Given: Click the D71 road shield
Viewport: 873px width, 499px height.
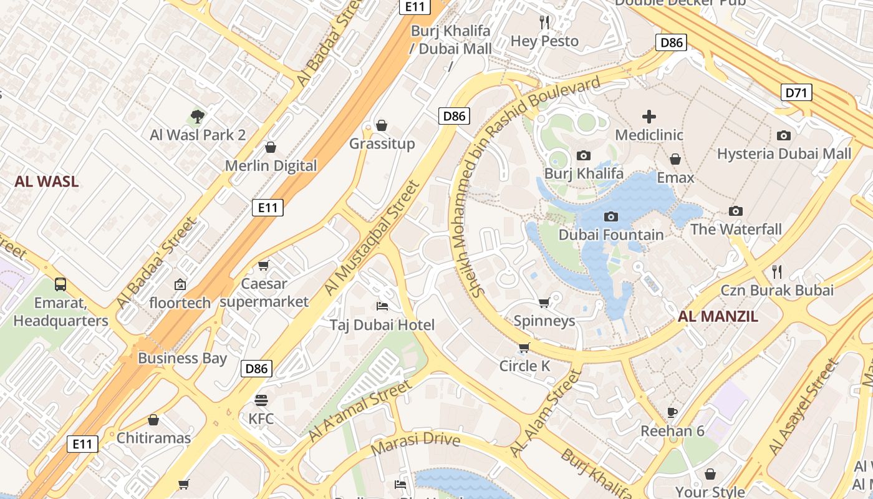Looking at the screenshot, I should tap(796, 93).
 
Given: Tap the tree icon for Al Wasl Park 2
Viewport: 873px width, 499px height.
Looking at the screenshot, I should tap(198, 116).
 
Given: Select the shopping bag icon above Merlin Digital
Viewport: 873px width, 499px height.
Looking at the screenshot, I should tap(271, 147).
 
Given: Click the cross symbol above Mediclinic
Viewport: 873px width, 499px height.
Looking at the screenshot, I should tap(649, 116).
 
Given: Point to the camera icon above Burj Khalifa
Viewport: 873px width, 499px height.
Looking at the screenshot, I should tap(584, 155).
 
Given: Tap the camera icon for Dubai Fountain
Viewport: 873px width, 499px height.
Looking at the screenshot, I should tap(611, 216).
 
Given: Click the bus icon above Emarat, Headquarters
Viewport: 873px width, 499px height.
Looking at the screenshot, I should tap(60, 284).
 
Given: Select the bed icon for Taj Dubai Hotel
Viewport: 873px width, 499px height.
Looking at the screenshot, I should tap(382, 306).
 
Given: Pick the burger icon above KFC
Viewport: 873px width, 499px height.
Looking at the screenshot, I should tap(261, 400).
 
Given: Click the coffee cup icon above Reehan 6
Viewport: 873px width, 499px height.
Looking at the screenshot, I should tap(672, 412).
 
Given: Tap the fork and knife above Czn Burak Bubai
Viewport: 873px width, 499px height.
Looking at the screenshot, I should tap(777, 271).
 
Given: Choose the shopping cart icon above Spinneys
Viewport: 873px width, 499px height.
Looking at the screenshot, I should tap(544, 303).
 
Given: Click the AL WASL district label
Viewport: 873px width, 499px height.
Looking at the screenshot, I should tap(47, 182).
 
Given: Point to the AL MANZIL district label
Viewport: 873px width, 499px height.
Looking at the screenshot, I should tap(718, 316).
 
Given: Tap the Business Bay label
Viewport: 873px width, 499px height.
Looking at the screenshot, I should tap(182, 358).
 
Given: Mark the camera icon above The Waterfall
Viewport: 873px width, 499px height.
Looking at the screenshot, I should tap(736, 211).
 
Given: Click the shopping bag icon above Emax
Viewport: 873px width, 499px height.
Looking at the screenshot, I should tap(675, 159).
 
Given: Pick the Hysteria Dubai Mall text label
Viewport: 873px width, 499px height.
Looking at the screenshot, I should tap(784, 153).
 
